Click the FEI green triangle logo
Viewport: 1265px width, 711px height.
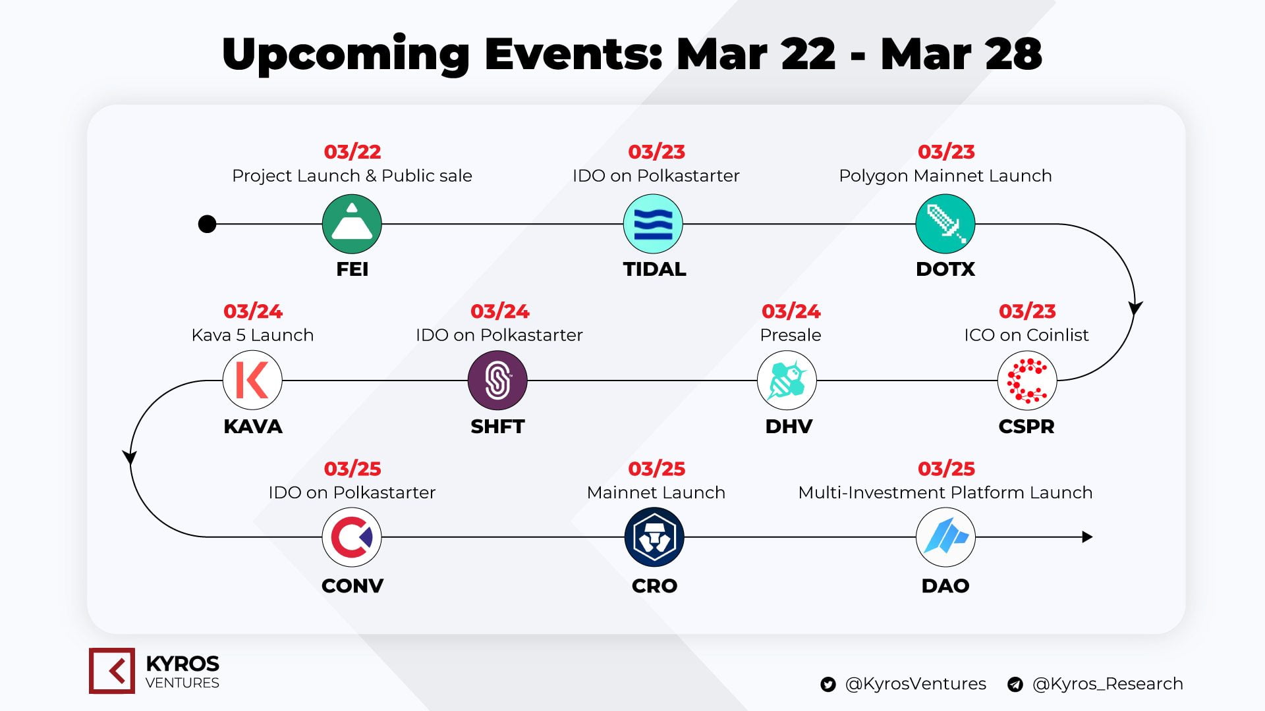tap(352, 224)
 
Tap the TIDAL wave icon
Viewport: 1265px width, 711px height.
tap(654, 224)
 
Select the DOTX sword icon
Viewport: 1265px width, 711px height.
tap(945, 224)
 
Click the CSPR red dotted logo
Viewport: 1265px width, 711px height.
tap(1027, 381)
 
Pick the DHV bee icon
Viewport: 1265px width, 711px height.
tap(787, 381)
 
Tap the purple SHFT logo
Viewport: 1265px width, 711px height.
tap(497, 381)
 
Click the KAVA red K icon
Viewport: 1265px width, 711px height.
tap(252, 381)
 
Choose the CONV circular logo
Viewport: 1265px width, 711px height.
tap(352, 537)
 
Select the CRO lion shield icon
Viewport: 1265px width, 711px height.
tap(654, 537)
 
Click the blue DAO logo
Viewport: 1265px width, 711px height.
tap(945, 537)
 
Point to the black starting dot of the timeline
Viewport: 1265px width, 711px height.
tap(207, 224)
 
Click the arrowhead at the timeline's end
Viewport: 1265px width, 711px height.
tap(1088, 537)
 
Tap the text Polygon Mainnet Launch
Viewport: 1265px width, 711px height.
tap(945, 176)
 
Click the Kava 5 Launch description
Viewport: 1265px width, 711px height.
tap(252, 335)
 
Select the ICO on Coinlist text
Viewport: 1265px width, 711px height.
tap(1026, 335)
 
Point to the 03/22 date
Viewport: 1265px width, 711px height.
tap(352, 152)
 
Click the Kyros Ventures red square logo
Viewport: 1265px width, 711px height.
tap(112, 671)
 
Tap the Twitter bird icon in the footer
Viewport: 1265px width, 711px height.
tap(828, 685)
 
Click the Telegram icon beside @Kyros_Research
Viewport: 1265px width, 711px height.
tap(1015, 685)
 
